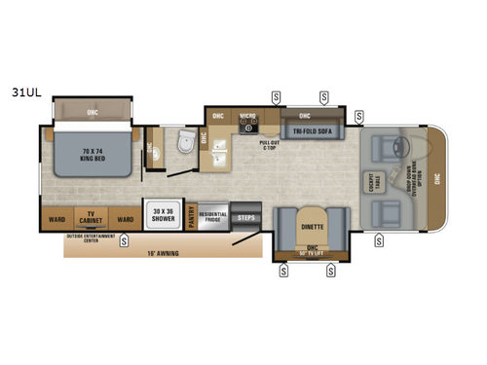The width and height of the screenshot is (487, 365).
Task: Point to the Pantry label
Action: click(192, 216)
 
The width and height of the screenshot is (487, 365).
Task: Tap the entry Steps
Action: click(246, 218)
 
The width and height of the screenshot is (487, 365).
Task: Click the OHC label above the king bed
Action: click(92, 111)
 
